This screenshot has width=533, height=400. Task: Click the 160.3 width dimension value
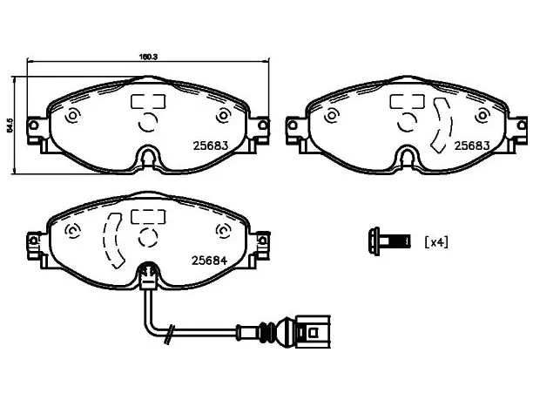[x=148, y=57]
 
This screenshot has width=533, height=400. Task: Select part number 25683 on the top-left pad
[x=211, y=146]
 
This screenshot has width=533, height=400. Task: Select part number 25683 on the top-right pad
[x=472, y=146]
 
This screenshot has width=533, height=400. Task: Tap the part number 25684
[x=209, y=261]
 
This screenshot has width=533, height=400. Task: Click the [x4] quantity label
[x=436, y=242]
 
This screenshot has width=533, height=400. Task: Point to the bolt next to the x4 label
[x=389, y=241]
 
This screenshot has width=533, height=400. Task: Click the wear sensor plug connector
[x=313, y=331]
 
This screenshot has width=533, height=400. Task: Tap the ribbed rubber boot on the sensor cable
[x=268, y=331]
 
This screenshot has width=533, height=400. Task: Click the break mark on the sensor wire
[x=169, y=335]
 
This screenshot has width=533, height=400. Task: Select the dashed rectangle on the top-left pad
[x=148, y=101]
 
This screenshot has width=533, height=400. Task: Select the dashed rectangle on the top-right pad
[x=407, y=101]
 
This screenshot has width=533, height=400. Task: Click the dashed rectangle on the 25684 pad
[x=148, y=216]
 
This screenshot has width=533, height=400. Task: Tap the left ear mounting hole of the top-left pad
[x=33, y=125]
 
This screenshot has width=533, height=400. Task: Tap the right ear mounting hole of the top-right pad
[x=523, y=125]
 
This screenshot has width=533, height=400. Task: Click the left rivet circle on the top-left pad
[x=73, y=116]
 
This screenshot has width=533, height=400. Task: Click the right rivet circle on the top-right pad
[x=482, y=116]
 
